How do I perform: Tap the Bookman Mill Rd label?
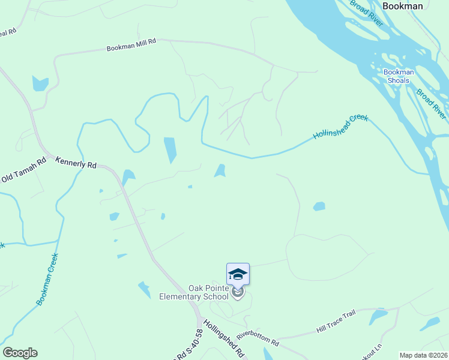point(131,45)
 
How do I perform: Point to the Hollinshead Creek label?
point(340,127)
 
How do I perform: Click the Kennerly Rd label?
point(76,162)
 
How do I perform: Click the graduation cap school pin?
point(238,274)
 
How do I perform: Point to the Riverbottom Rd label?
point(258,339)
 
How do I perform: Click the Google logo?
point(20,353)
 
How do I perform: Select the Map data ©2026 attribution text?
point(424,355)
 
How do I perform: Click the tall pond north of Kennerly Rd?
point(170,150)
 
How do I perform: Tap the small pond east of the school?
point(319,206)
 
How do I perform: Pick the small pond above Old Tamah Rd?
point(40,83)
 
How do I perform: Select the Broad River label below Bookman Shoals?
point(432,103)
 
